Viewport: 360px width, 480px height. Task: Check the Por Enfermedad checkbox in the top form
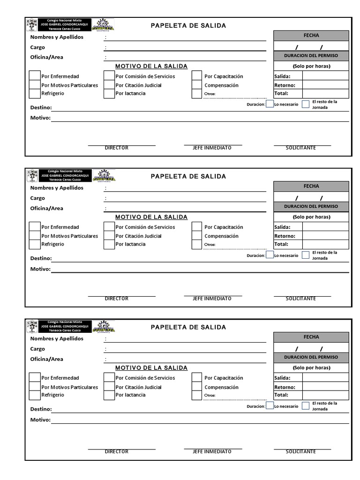pyautogui.click(x=35, y=76)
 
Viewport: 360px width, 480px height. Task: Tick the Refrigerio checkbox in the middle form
pyautogui.click(x=35, y=244)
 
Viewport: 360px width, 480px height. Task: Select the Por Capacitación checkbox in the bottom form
pyautogui.click(x=197, y=378)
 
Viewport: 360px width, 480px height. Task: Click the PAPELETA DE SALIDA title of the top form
pyautogui.click(x=188, y=26)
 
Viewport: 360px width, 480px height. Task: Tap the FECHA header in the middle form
pyautogui.click(x=311, y=186)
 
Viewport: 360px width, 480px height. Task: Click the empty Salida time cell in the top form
pyautogui.click(x=325, y=76)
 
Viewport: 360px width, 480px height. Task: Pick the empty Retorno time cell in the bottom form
pyautogui.click(x=325, y=387)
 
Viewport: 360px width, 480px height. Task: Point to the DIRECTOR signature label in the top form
pyautogui.click(x=116, y=148)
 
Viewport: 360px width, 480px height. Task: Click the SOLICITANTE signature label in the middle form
pyautogui.click(x=301, y=299)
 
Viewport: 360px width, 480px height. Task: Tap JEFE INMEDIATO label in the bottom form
pyautogui.click(x=212, y=451)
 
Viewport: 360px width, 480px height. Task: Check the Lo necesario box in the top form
pyautogui.click(x=270, y=104)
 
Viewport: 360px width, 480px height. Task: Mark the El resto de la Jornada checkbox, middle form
pyautogui.click(x=306, y=255)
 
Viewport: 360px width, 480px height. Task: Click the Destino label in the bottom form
pyautogui.click(x=41, y=409)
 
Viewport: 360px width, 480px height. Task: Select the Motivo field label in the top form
pyautogui.click(x=40, y=118)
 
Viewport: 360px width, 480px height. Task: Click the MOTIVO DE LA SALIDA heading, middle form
pyautogui.click(x=151, y=217)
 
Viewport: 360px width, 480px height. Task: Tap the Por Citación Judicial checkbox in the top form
pyautogui.click(x=109, y=85)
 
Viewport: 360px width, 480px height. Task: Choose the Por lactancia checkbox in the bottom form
pyautogui.click(x=109, y=395)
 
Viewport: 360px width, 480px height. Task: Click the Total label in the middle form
pyautogui.click(x=281, y=244)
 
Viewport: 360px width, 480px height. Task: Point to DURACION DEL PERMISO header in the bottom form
pyautogui.click(x=311, y=357)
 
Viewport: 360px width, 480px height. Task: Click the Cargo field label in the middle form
pyautogui.click(x=38, y=198)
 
